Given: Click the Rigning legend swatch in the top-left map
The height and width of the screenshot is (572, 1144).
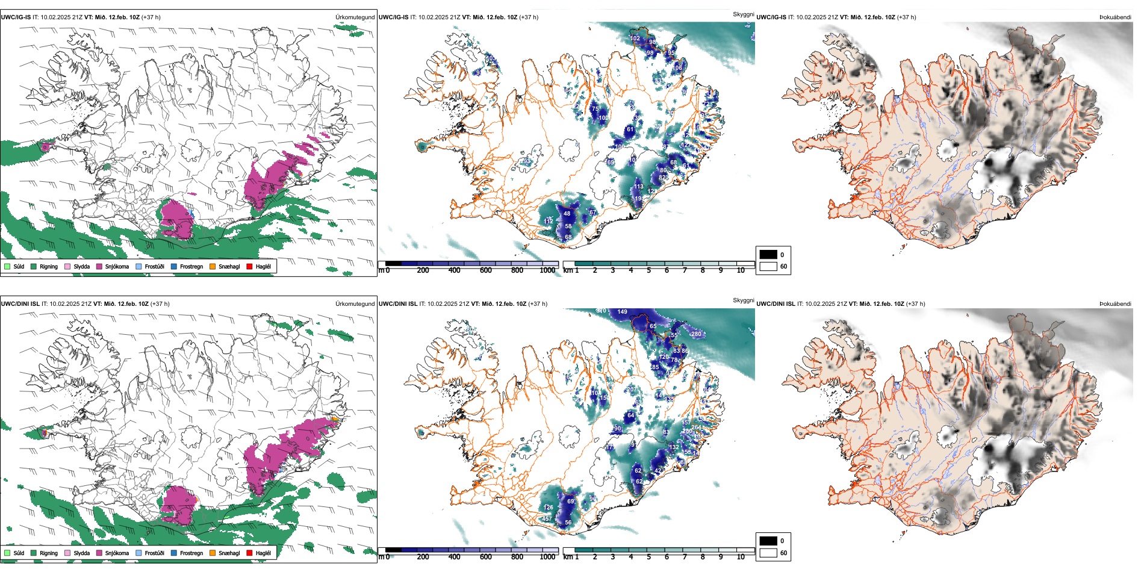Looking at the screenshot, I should click(x=34, y=266).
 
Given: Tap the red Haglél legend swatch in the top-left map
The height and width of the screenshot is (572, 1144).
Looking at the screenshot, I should click(x=250, y=266).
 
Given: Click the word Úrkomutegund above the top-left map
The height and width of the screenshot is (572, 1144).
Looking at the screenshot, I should click(x=355, y=17).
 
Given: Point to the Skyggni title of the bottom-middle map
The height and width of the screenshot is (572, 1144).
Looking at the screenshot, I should click(x=743, y=300).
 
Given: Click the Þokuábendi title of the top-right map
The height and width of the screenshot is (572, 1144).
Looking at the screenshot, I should click(x=1115, y=17).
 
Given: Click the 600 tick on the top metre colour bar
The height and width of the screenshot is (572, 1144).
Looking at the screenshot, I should click(x=485, y=270).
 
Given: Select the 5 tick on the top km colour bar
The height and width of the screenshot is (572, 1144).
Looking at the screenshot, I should click(x=648, y=270).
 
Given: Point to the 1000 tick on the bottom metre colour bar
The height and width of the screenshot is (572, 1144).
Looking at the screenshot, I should click(x=547, y=557).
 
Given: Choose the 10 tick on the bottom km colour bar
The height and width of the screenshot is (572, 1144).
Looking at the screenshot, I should click(x=741, y=557).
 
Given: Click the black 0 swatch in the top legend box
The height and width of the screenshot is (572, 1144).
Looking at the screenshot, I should click(x=768, y=255).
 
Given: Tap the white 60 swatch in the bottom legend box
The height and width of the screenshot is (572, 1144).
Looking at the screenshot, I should click(x=768, y=553).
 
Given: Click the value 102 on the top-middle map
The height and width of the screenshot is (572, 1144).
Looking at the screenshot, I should click(x=635, y=39).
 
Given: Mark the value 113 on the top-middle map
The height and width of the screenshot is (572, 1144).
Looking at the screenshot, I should click(x=638, y=187).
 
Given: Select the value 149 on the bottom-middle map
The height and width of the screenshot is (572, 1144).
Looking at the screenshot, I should click(x=622, y=312).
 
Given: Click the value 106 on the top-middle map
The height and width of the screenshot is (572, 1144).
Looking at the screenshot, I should click(x=677, y=68).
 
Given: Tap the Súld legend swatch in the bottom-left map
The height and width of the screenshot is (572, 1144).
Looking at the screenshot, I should click(x=7, y=553).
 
